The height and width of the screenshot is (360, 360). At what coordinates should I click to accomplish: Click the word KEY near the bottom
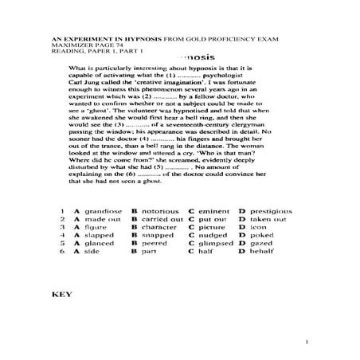[61, 294]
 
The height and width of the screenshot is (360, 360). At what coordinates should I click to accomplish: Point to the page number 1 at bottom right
[306, 342]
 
